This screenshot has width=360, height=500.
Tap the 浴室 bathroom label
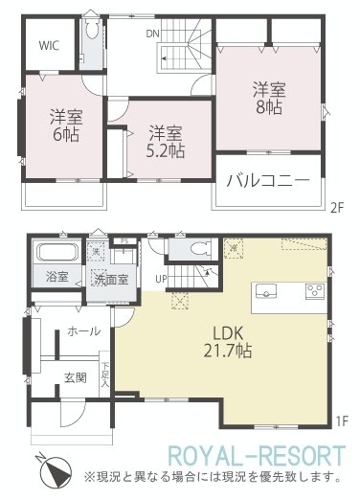pos(57,278)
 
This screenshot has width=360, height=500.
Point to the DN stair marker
pos(152,32)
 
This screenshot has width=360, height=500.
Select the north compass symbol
pos(52,469)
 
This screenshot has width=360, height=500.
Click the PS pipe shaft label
pos(124,241)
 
